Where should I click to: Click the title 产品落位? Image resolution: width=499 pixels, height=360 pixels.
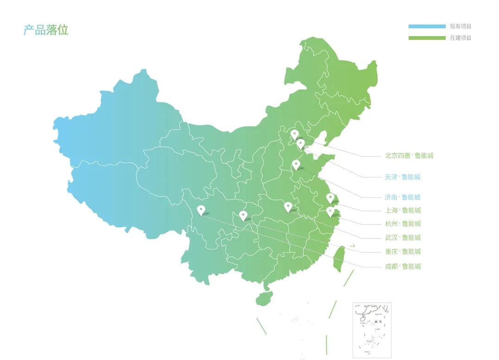tap(46, 30)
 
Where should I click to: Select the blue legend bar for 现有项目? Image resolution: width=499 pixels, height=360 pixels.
tap(427, 26)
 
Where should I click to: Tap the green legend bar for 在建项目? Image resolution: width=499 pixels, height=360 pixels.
tap(427, 38)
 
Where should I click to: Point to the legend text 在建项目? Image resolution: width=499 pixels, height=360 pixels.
tap(461, 38)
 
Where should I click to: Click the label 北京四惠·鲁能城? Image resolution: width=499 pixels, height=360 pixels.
tap(409, 156)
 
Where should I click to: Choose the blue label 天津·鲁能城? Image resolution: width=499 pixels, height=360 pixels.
tap(402, 177)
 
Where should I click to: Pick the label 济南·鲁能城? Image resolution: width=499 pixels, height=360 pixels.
tap(402, 197)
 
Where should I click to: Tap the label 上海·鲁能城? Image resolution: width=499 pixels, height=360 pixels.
tap(403, 210)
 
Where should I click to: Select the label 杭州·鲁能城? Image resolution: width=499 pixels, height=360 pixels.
tap(403, 224)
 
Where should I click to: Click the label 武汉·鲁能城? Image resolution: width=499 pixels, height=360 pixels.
tap(403, 238)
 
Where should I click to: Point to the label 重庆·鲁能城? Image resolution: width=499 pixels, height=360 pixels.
tap(403, 252)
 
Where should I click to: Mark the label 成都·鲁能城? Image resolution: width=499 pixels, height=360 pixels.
tap(403, 266)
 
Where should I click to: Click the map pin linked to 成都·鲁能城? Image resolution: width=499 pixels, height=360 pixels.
tap(201, 210)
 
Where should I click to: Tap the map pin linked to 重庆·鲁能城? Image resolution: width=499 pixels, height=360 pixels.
tap(243, 215)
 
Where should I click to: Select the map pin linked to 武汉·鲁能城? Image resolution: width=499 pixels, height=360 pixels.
tap(288, 207)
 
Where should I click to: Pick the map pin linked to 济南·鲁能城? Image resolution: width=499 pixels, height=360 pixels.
tap(296, 164)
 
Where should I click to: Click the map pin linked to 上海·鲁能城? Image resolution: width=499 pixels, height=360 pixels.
tap(330, 198)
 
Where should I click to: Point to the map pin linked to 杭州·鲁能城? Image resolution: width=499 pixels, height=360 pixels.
tap(330, 212)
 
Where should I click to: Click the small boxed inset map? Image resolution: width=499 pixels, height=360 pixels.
tap(372, 330)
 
